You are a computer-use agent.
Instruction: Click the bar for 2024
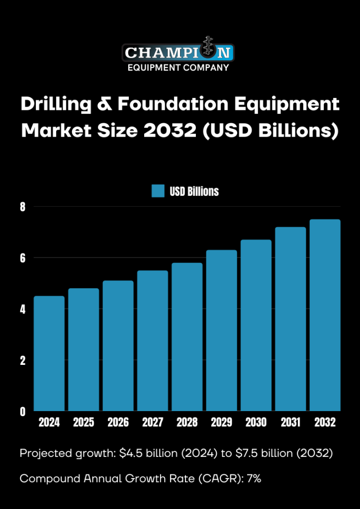(x=49, y=353)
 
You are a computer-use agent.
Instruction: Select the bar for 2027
(x=153, y=340)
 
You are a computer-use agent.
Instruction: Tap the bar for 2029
(x=222, y=330)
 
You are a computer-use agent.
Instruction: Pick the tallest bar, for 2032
(x=325, y=315)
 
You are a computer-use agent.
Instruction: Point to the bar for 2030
(x=256, y=325)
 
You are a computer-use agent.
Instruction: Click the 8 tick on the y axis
(x=22, y=206)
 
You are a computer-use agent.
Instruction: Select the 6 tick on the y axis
(x=22, y=257)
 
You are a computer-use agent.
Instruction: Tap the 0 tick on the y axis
(x=22, y=412)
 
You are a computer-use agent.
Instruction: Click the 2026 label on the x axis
(x=118, y=423)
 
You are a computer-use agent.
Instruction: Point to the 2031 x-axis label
(x=290, y=423)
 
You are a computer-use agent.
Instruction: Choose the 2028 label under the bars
(x=187, y=423)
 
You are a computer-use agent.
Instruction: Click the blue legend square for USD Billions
(x=158, y=191)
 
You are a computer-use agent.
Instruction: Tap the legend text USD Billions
(x=194, y=191)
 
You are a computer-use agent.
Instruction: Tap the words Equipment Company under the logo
(x=178, y=68)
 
